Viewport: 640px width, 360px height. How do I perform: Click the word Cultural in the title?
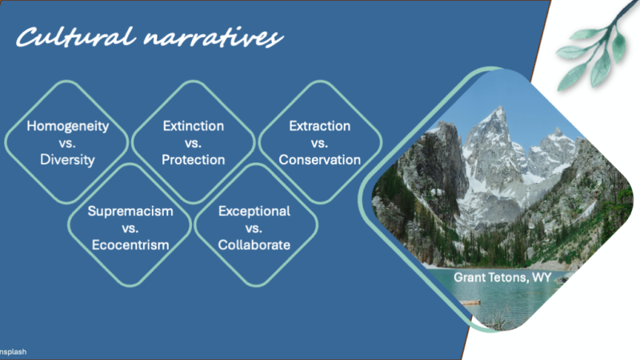click(76, 37)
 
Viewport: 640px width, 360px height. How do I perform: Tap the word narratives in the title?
click(213, 38)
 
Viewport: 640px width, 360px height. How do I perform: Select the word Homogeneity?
click(68, 126)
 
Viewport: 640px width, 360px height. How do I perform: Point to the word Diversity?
click(67, 159)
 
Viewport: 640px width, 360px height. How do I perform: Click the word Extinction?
click(194, 126)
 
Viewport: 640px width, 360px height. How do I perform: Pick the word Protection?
click(194, 159)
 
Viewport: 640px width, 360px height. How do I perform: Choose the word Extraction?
click(319, 126)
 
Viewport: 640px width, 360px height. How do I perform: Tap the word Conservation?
click(319, 159)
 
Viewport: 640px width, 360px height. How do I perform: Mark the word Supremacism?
click(130, 211)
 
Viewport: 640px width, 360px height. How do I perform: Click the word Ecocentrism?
click(130, 245)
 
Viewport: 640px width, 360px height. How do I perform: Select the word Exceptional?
click(254, 211)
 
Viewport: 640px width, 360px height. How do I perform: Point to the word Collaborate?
click(254, 245)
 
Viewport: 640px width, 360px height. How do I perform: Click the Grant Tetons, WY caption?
click(502, 278)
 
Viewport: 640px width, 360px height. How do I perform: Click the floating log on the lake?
click(470, 302)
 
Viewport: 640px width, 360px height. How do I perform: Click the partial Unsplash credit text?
click(13, 352)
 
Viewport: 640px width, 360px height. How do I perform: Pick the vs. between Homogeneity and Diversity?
click(67, 143)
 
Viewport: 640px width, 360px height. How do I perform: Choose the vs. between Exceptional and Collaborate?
click(254, 229)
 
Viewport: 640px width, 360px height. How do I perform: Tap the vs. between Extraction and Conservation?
click(319, 143)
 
